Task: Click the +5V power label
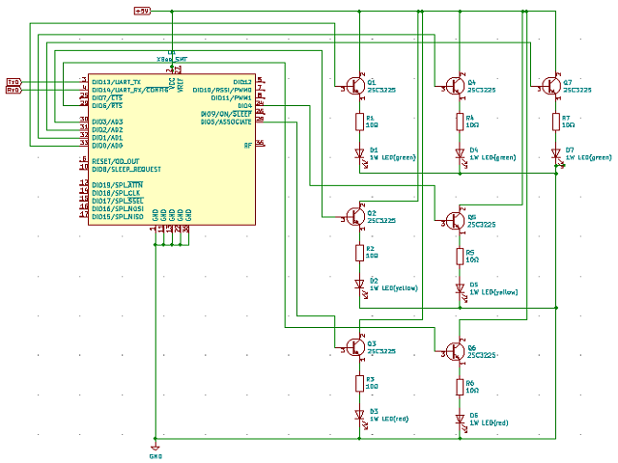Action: coord(142,11)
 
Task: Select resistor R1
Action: coord(359,122)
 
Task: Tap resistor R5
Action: coord(460,256)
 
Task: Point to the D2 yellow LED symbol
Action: coord(359,283)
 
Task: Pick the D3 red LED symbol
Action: coord(359,413)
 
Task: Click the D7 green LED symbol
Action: coord(555,153)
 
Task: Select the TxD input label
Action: coord(14,82)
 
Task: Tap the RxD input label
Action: coord(14,91)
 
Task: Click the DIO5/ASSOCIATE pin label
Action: coord(226,122)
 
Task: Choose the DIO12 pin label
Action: coord(241,82)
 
